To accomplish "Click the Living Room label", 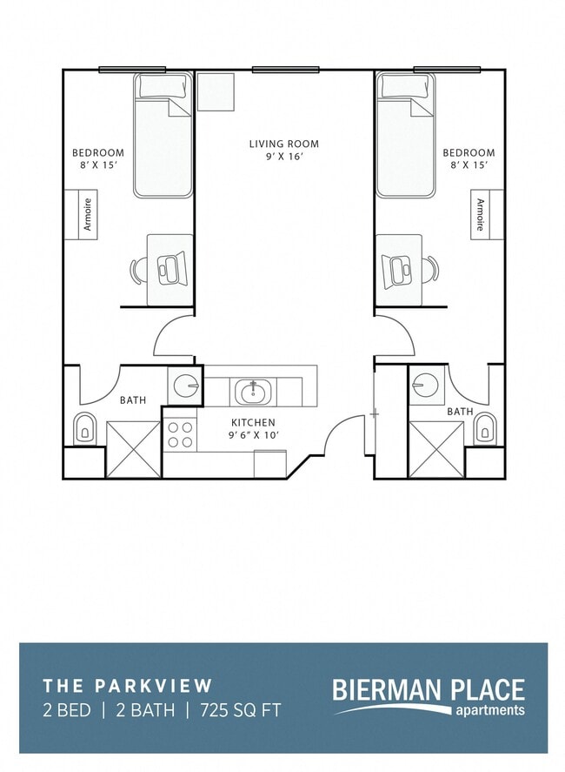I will (283, 150).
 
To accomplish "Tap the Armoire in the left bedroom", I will (87, 214).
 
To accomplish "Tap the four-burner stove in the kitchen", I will (181, 434).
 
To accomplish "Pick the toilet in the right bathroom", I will (483, 428).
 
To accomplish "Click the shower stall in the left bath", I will (133, 449).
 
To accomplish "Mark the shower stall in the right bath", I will (436, 449).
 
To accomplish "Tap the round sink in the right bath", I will (426, 384).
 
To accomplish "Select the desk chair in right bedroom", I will (429, 271).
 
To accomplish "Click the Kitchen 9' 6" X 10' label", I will (252, 427).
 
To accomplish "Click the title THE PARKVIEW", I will (127, 687).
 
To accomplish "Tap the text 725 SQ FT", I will (240, 710).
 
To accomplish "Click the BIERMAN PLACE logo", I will (429, 696).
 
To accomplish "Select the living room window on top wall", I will (285, 70).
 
